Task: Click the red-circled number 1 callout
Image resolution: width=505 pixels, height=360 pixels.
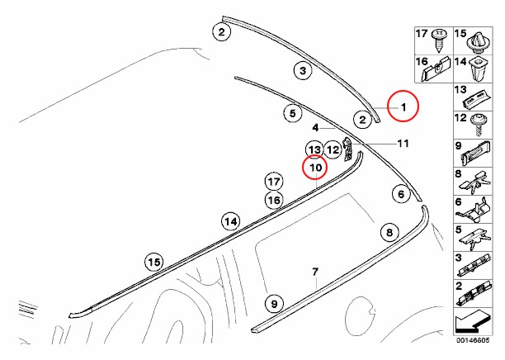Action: [403, 106]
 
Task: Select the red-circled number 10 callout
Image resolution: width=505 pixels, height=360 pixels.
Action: [314, 167]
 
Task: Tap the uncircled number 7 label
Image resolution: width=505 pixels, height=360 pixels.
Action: [315, 272]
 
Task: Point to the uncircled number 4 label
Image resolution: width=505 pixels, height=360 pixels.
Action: [315, 128]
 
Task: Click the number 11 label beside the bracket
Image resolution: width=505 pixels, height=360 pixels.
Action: [403, 143]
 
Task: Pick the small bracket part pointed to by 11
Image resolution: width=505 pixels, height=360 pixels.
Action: [348, 149]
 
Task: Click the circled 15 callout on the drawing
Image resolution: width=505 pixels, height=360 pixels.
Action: [153, 262]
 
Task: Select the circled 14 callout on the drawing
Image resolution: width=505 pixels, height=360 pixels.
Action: [230, 221]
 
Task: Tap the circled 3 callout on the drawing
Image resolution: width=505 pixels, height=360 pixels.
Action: [302, 70]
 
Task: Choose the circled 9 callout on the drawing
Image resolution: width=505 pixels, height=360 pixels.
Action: [274, 304]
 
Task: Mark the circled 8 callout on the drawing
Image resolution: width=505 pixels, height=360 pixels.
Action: [389, 232]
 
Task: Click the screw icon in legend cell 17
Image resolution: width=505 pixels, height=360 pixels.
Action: [439, 40]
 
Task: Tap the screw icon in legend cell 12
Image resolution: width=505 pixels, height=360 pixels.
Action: [479, 125]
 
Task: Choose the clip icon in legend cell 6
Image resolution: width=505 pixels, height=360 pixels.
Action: [474, 210]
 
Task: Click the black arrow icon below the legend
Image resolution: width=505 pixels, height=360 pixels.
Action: [473, 321]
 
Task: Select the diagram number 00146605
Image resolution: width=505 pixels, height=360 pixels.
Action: [473, 340]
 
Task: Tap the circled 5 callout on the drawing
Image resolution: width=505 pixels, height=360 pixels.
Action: [292, 113]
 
